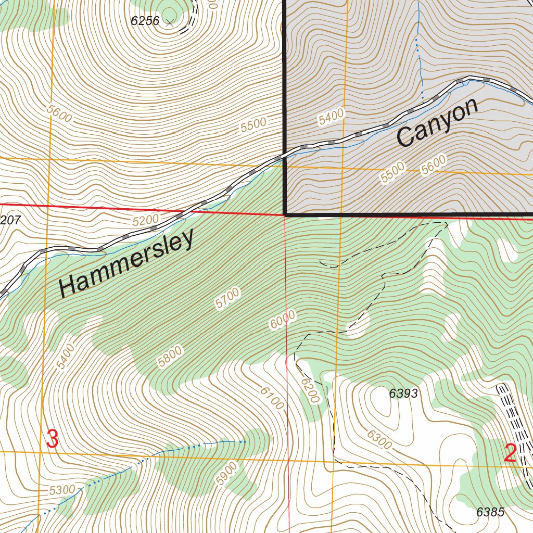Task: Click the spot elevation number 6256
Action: (145, 21)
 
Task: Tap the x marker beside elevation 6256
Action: (169, 22)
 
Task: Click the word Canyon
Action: (437, 123)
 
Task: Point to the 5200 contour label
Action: (145, 221)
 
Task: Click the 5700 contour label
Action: (228, 299)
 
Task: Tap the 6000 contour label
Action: (283, 319)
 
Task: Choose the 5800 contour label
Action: (170, 357)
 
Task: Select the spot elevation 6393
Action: (403, 394)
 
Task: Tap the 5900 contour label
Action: (227, 474)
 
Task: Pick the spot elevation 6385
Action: (490, 512)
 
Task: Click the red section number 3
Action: (53, 439)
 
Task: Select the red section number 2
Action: (510, 453)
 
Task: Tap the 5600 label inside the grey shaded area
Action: (434, 165)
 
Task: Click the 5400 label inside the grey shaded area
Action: (331, 117)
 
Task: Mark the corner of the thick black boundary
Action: (285, 214)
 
